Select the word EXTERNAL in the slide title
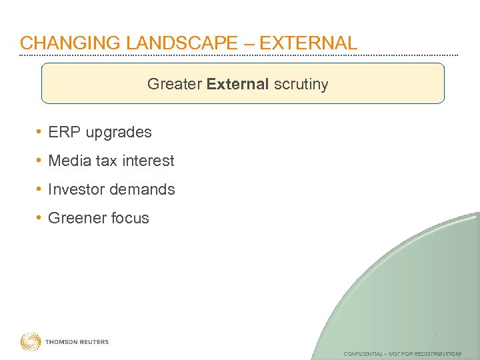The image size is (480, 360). (308, 43)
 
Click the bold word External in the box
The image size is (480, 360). (238, 84)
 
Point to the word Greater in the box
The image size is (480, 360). (175, 84)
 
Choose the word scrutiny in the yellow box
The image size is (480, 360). (301, 84)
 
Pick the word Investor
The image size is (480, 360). (77, 189)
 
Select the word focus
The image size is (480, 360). (130, 218)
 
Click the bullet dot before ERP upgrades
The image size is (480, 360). (40, 132)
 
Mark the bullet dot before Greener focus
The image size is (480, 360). (40, 218)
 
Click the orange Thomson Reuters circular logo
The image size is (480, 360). (30, 342)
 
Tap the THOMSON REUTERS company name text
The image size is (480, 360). (77, 342)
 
